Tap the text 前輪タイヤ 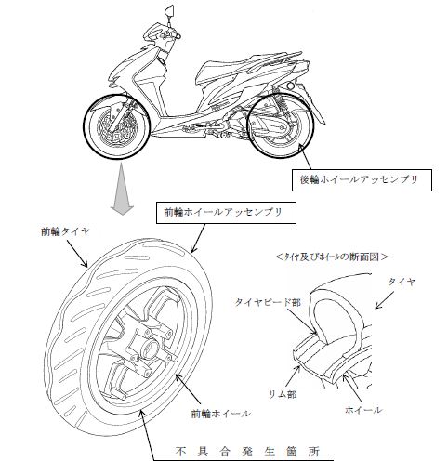coord(65,231)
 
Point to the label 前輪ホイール coord(220,414)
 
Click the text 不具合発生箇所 coord(247,452)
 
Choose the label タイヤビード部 coord(269,302)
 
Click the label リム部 coord(283,394)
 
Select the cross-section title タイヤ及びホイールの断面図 coord(332,257)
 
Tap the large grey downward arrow coord(122,189)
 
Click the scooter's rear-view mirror coord(169,12)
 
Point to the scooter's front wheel coord(116,126)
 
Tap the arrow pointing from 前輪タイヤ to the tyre coord(77,254)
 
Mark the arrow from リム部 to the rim coord(293,376)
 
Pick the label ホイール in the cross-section coord(363,410)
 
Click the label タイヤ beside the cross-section coord(402,283)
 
